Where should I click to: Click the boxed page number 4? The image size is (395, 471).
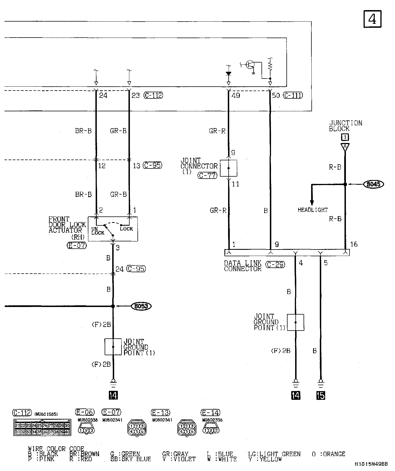tap(372, 19)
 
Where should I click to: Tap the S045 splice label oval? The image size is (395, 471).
tap(373, 184)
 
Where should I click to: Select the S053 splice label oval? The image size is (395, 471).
tap(141, 306)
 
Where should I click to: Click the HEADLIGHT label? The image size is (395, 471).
tap(313, 210)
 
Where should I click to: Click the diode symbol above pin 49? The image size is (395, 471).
tap(228, 73)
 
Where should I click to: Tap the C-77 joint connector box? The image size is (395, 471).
tap(228, 168)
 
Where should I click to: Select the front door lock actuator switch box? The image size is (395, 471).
tap(113, 229)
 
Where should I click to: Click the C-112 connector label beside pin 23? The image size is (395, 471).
tap(153, 95)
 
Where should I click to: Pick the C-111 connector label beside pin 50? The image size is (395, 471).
tap(293, 95)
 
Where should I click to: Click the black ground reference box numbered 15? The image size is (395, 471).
tap(321, 395)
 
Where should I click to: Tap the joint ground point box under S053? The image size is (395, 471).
tap(113, 347)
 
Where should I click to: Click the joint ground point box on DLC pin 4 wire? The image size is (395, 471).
tap(295, 322)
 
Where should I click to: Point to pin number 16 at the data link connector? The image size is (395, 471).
tap(354, 244)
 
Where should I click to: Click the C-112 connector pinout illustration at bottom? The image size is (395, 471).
tap(42, 428)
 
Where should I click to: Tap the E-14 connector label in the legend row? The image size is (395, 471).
tap(210, 412)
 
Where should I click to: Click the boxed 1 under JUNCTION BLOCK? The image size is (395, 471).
tap(345, 137)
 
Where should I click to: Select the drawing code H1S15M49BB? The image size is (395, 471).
tap(371, 464)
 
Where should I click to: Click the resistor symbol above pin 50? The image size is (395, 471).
tap(270, 66)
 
